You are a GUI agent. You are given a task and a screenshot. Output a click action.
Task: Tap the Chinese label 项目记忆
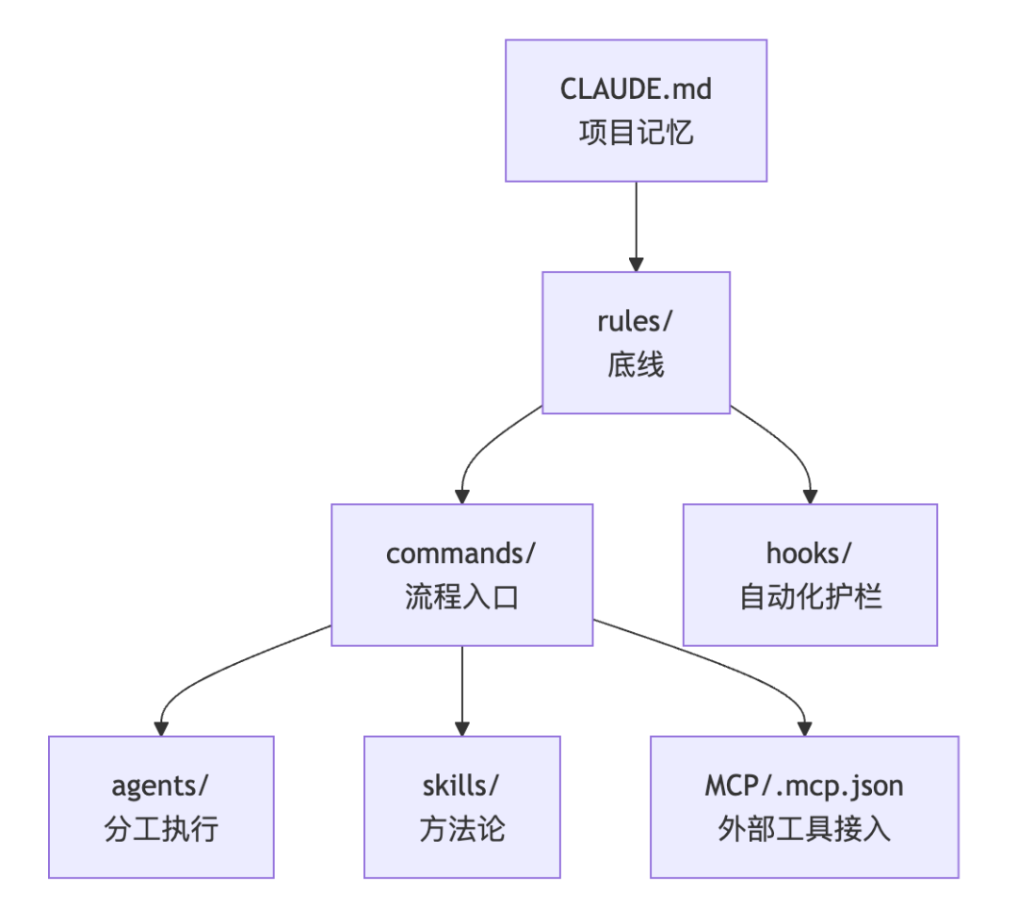coord(636,132)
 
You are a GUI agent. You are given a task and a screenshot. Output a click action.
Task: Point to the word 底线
coord(636,364)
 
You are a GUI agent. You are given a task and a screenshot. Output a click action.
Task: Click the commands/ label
coord(461,553)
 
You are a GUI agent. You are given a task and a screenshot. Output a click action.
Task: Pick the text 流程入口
coord(461,597)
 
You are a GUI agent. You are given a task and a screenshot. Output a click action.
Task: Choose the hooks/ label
coord(810,553)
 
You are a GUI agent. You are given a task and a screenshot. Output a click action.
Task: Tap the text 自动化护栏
coord(810,597)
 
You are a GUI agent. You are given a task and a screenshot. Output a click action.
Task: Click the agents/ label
coord(161,785)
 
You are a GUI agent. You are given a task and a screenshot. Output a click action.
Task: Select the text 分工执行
coord(161,829)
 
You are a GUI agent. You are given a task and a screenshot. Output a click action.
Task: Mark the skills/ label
coord(461,785)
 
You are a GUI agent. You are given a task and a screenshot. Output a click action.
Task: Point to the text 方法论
coord(461,829)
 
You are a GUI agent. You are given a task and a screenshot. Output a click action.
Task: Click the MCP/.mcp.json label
coord(804,785)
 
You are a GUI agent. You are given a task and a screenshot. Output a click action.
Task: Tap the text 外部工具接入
coord(804,829)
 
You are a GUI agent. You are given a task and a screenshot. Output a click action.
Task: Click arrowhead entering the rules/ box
coord(636,264)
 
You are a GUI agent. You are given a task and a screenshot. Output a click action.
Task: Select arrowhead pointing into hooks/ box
coord(810,495)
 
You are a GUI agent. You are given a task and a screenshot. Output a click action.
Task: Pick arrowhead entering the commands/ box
coord(461,495)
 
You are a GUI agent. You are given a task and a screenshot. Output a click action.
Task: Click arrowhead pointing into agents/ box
coord(161,727)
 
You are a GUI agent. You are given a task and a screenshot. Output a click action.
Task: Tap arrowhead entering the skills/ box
coord(461,727)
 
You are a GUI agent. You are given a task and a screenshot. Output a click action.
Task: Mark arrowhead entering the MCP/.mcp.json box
coord(804,727)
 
